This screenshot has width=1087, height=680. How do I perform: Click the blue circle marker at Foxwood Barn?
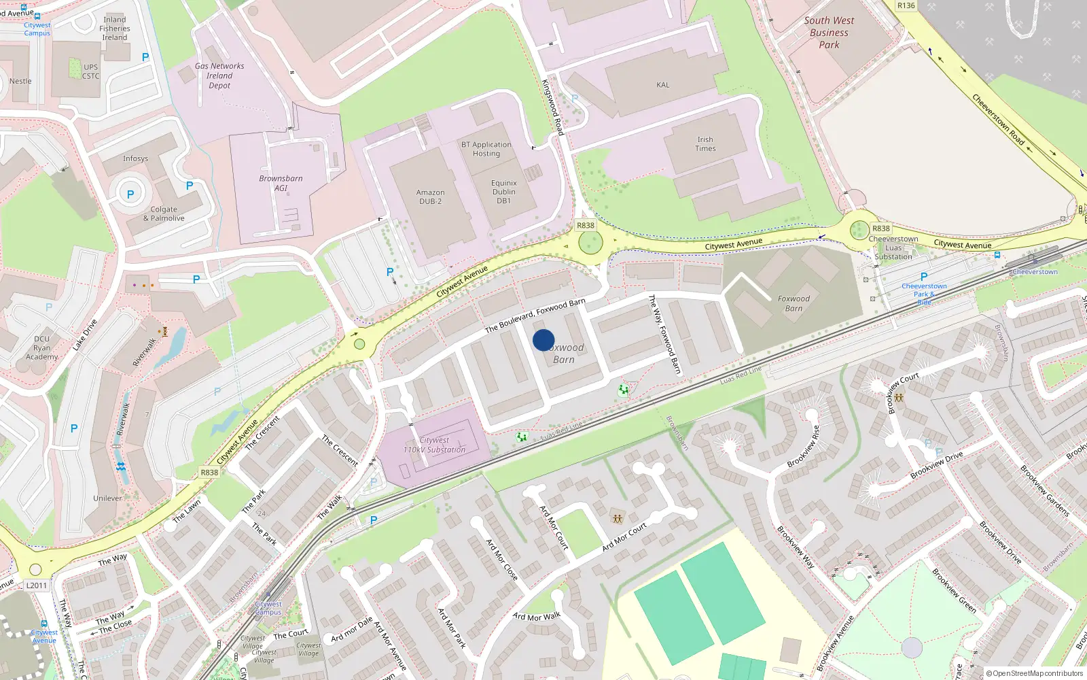coord(543,340)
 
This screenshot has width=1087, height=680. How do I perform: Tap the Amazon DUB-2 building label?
coord(430,197)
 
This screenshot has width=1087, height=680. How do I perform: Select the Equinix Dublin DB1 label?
coord(503,192)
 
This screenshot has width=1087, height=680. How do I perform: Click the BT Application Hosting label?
coord(486,149)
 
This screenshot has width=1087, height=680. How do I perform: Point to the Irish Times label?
coord(705,143)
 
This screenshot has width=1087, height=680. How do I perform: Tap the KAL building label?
coord(662,85)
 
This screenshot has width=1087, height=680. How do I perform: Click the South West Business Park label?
coord(829,33)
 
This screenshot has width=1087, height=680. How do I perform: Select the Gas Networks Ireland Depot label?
coord(219,75)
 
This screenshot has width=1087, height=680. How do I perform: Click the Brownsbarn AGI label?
coord(281,183)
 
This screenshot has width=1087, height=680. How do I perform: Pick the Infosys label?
coord(135,158)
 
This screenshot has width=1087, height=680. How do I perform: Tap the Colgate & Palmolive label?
coord(164,214)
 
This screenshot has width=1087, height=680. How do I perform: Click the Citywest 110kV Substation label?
coord(434,445)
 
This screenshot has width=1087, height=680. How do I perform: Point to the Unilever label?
coord(107,498)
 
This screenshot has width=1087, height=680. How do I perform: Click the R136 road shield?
coord(906,5)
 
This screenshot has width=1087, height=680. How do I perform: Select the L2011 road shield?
coord(37,585)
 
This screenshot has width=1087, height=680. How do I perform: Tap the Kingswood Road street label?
coord(552,107)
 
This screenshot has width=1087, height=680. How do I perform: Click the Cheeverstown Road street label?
coord(997,119)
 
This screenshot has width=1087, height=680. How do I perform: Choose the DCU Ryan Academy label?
coord(42,347)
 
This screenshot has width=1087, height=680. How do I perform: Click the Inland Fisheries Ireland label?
coord(115,29)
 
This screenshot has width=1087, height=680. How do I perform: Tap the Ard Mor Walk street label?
coord(537,617)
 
